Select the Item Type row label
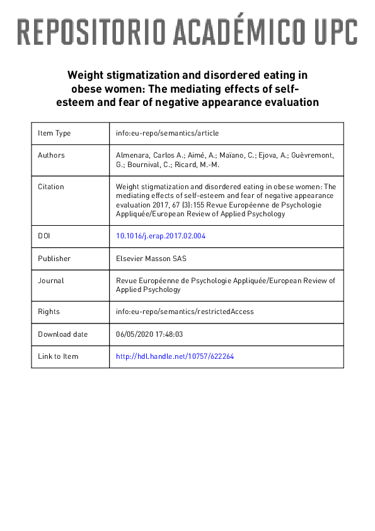click(x=54, y=133)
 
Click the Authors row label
click(x=51, y=155)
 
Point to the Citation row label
click(x=51, y=187)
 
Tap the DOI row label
click(x=44, y=236)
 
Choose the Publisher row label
click(x=54, y=258)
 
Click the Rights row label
click(x=49, y=312)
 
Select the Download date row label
click(x=63, y=334)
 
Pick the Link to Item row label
click(x=58, y=356)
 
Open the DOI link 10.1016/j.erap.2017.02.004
click(x=161, y=236)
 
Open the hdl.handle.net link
click(x=175, y=356)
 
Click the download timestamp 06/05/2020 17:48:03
click(x=149, y=334)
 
